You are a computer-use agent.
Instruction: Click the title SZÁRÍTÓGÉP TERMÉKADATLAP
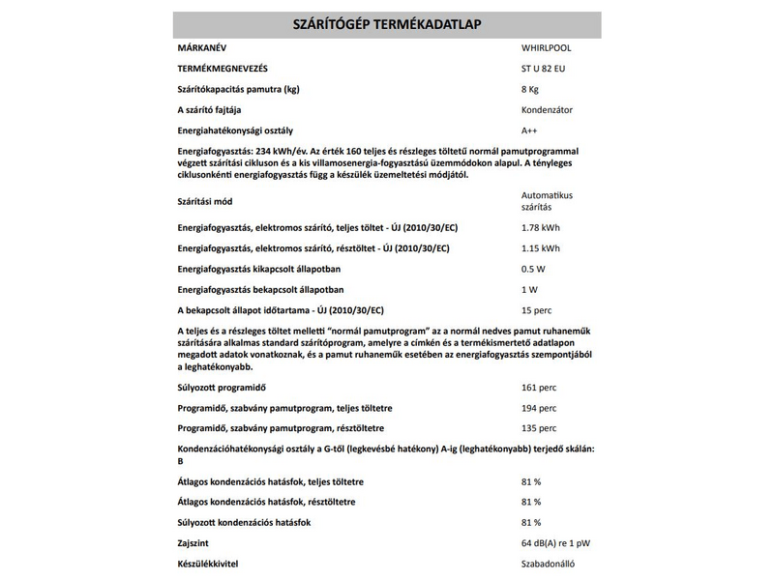387,24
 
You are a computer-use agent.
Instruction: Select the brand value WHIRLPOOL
548,47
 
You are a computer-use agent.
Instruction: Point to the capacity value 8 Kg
532,89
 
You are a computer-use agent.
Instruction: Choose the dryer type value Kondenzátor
547,110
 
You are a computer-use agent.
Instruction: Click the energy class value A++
530,130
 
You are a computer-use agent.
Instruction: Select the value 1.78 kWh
540,228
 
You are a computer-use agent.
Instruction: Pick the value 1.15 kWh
540,248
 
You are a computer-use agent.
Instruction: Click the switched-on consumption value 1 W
530,289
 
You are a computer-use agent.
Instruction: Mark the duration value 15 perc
537,310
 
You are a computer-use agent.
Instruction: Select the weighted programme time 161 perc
539,388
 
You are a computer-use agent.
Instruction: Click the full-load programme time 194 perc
539,408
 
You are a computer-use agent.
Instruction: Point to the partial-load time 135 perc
539,428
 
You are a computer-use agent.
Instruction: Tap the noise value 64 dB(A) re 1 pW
561,542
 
